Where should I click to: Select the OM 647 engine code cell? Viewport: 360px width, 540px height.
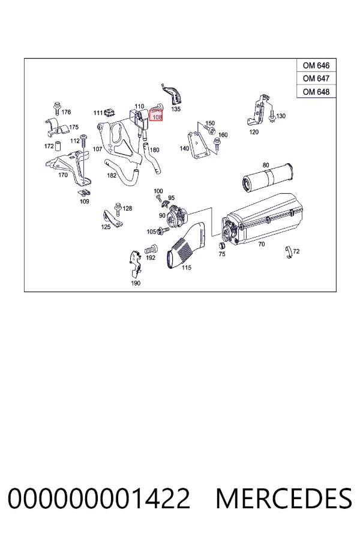(316, 79)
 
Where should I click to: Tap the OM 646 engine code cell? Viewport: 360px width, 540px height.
(316, 65)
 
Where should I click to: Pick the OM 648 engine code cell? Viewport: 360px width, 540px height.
(316, 92)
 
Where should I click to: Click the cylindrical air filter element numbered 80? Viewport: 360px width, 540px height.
(268, 178)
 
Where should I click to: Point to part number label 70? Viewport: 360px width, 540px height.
(262, 244)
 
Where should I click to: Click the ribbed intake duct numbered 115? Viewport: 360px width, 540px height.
(186, 245)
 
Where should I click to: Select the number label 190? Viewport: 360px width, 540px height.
(136, 283)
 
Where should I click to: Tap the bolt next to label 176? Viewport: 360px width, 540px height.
(57, 108)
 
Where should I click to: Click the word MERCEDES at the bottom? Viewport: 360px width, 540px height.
(284, 499)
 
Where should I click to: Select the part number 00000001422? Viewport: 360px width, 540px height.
(98, 499)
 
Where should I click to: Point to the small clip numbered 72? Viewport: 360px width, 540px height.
(289, 253)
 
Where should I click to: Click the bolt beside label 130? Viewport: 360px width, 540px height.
(272, 116)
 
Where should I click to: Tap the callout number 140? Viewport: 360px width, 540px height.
(184, 148)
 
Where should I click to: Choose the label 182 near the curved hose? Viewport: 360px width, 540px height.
(112, 175)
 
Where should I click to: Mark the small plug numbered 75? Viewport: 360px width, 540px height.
(222, 245)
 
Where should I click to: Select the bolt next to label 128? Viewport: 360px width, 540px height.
(118, 208)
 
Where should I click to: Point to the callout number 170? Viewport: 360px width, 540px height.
(63, 175)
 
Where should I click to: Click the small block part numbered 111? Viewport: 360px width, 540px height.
(110, 112)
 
